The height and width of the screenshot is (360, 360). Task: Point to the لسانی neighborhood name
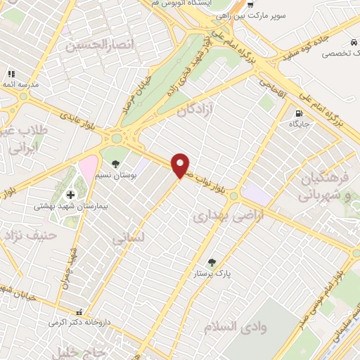pyautogui.click(x=128, y=238)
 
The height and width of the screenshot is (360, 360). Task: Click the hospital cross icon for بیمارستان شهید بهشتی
pyautogui.click(x=70, y=194)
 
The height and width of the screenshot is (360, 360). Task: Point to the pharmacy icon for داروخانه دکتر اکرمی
pyautogui.click(x=79, y=311)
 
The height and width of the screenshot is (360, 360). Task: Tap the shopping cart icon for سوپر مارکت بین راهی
pyautogui.click(x=240, y=4)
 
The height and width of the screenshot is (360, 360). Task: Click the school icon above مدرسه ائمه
pyautogui.click(x=11, y=74)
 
